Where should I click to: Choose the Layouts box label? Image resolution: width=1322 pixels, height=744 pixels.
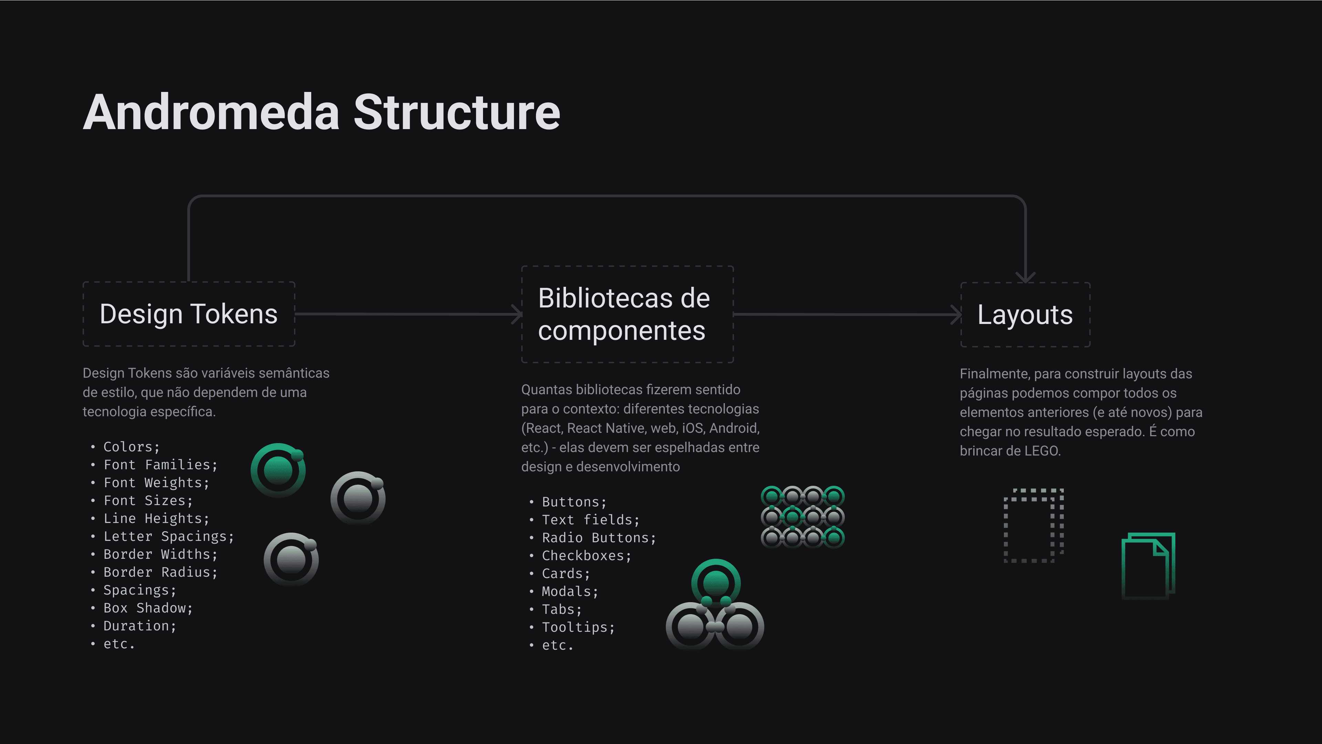click(x=1025, y=315)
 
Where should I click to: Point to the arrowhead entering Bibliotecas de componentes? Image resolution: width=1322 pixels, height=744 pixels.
click(x=517, y=314)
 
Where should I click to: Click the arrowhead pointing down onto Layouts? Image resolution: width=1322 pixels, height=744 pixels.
click(x=1025, y=277)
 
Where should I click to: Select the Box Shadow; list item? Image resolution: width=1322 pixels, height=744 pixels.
click(x=148, y=608)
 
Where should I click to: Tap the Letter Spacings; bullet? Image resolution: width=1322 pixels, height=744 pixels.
click(x=168, y=536)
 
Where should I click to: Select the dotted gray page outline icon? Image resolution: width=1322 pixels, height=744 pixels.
click(x=1033, y=525)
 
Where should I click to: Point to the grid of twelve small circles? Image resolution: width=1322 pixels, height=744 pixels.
click(x=802, y=517)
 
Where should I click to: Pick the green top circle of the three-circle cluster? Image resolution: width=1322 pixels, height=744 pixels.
click(x=715, y=583)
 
